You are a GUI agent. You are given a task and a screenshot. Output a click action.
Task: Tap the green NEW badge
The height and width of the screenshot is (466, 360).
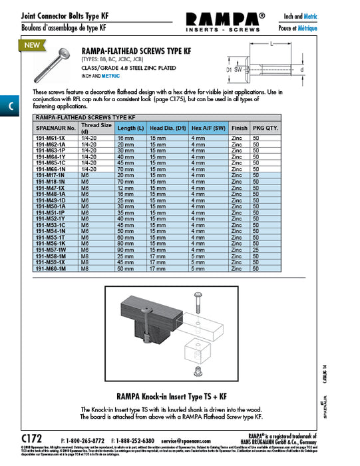[31, 45]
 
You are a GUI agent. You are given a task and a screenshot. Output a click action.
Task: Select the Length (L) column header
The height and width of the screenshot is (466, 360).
[130, 128]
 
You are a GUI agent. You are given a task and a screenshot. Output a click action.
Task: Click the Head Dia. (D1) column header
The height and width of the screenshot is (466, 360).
[166, 128]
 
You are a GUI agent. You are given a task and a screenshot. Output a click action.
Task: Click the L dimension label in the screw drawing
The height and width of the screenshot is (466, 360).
[273, 43]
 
